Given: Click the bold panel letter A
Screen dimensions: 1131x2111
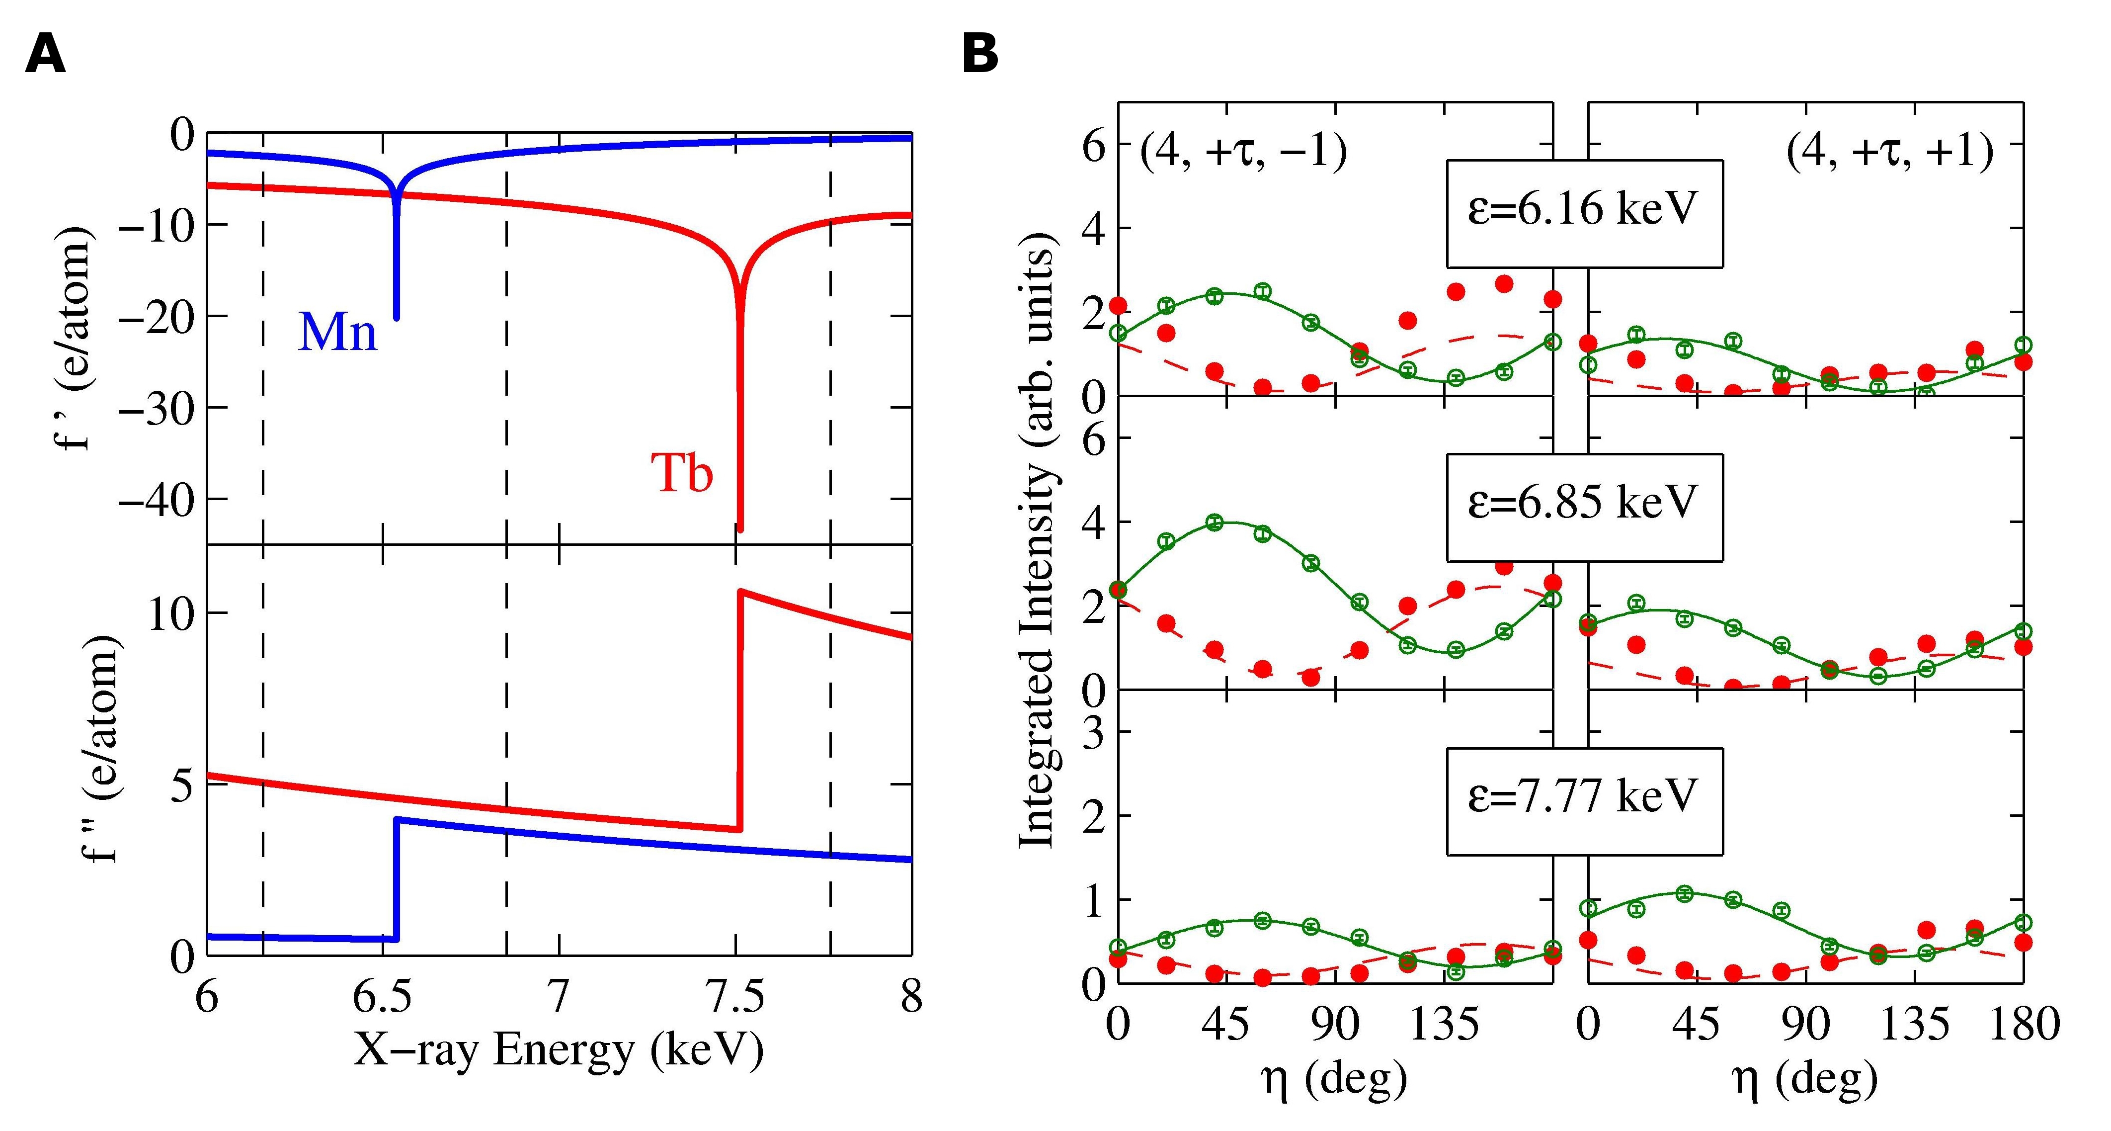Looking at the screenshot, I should pos(46,56).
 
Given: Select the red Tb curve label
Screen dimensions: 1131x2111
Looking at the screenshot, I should pos(682,473).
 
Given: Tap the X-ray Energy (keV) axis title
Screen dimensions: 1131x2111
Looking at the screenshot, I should pos(559,1050).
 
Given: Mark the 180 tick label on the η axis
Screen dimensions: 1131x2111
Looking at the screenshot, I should pos(2025,1025).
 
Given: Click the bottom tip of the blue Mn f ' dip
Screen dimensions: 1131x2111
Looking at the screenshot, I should pos(397,318).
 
